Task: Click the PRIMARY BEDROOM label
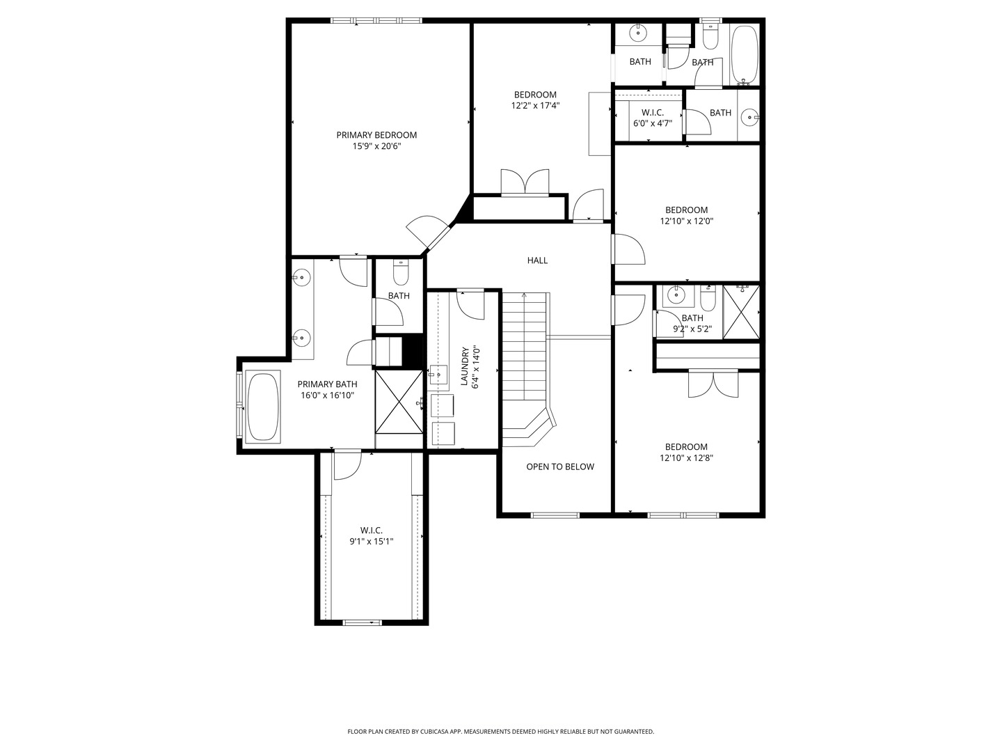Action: coord(376,135)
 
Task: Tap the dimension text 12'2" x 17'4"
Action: coord(535,106)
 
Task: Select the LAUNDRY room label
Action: coord(464,366)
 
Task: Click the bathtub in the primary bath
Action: coord(263,407)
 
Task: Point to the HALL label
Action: coord(537,260)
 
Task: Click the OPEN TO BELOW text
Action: coord(559,467)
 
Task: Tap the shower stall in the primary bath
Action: coord(399,402)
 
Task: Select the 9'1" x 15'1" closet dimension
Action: coord(371,541)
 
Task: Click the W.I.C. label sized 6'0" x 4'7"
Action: coord(652,112)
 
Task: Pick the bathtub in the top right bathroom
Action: coord(745,54)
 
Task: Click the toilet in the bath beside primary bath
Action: coord(401,273)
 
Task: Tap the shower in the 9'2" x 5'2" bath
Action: coord(741,312)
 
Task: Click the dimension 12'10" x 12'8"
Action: coord(686,458)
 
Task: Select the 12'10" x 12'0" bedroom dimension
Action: coord(686,221)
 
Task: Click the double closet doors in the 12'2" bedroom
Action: coord(525,182)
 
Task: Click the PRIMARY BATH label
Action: coord(327,384)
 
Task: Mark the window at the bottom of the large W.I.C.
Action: coord(363,622)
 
